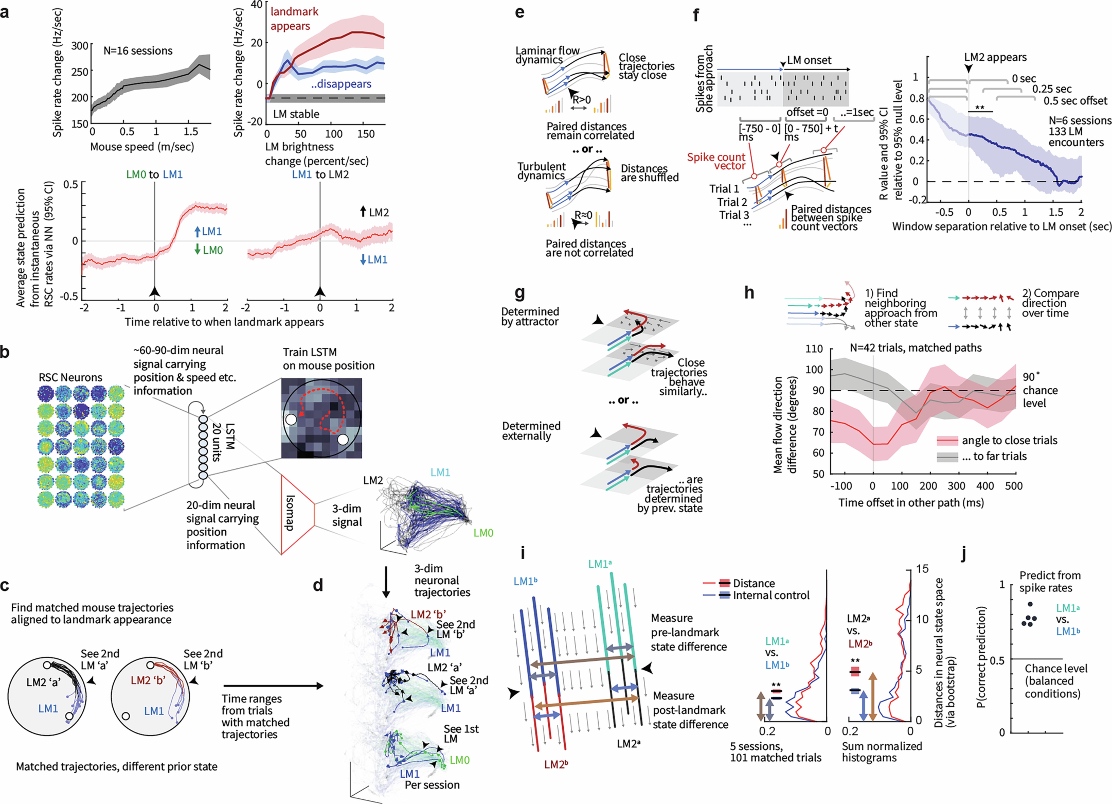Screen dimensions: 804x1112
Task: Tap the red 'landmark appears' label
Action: click(x=294, y=19)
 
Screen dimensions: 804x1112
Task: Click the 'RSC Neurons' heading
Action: click(x=71, y=377)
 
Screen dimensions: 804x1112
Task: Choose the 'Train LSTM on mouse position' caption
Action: click(x=328, y=359)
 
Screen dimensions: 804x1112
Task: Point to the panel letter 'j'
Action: click(x=964, y=554)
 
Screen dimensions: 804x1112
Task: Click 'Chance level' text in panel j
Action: click(x=1056, y=669)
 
